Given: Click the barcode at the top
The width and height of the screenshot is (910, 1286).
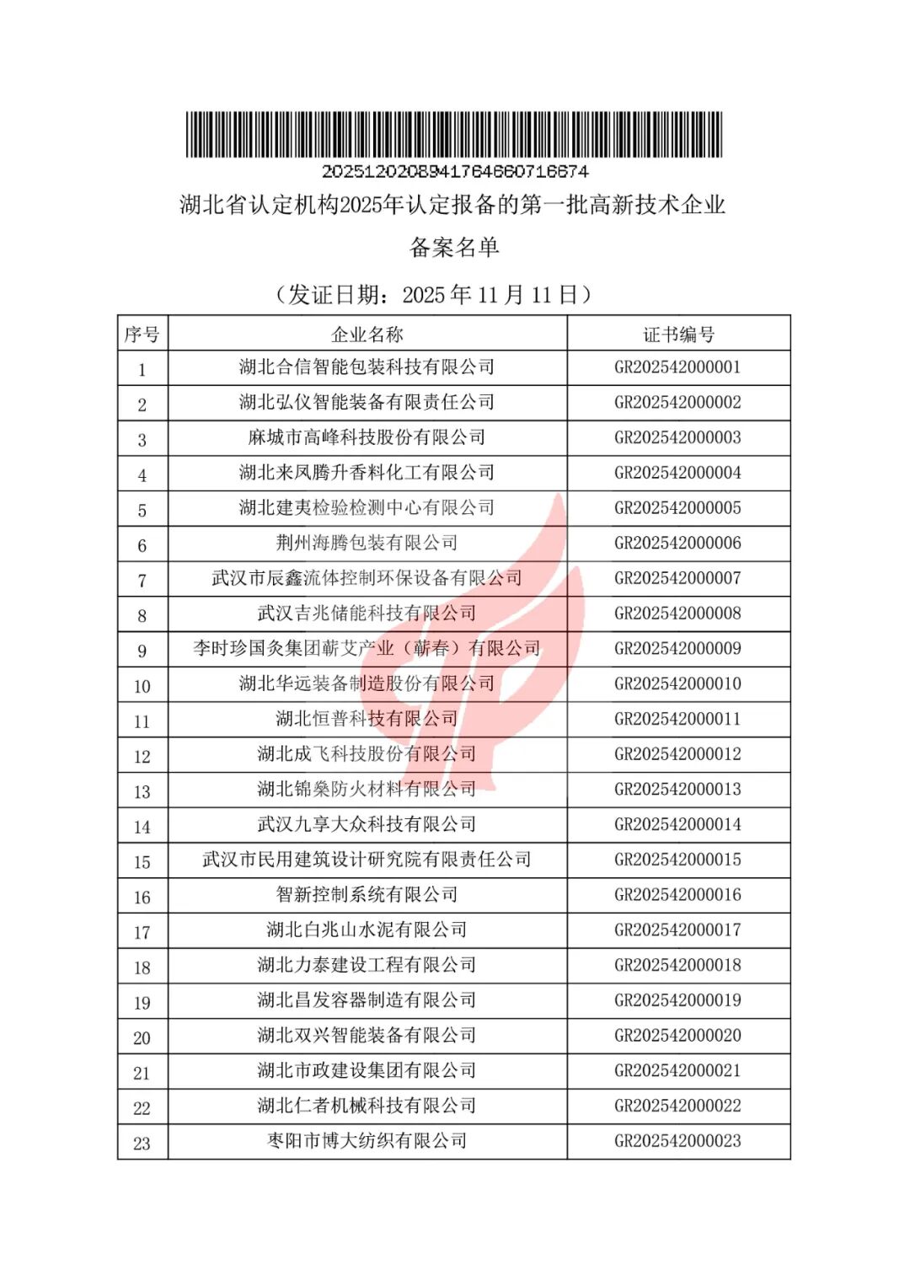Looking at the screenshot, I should (x=454, y=134).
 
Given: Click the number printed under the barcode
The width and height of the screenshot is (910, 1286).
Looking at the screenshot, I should (x=454, y=171).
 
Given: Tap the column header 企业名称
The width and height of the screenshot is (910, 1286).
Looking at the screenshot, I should (x=367, y=335).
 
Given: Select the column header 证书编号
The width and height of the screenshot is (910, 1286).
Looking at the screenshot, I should (x=678, y=335).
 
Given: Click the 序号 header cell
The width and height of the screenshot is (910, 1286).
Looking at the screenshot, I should (x=142, y=335).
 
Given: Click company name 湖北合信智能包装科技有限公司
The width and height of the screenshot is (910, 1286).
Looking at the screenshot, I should (x=367, y=367).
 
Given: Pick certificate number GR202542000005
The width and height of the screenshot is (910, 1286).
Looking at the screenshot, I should (x=677, y=508).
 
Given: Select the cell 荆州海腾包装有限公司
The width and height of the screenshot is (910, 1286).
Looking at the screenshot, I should (x=367, y=544).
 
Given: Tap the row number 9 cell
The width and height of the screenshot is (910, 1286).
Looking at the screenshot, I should (x=142, y=651).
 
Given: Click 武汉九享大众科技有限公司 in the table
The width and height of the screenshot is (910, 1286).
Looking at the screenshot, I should (x=367, y=825).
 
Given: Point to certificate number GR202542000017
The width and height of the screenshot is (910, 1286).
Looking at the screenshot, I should (x=677, y=930).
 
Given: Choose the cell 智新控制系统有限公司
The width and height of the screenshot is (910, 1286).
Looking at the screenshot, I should (x=367, y=895).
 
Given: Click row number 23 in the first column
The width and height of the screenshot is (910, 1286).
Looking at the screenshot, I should (x=142, y=1144).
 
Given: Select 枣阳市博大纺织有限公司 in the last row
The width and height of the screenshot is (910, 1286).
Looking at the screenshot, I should (x=367, y=1141).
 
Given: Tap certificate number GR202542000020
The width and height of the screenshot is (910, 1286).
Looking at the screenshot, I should (x=677, y=1036).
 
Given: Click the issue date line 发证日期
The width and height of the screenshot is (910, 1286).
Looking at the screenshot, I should (x=434, y=295).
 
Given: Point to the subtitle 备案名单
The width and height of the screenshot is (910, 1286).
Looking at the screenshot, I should (x=454, y=248).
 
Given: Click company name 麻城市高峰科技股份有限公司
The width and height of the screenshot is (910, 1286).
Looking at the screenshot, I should (x=367, y=438).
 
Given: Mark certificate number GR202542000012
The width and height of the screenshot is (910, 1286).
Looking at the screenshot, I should (x=677, y=754).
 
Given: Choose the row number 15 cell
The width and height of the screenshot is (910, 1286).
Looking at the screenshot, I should (x=142, y=862).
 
